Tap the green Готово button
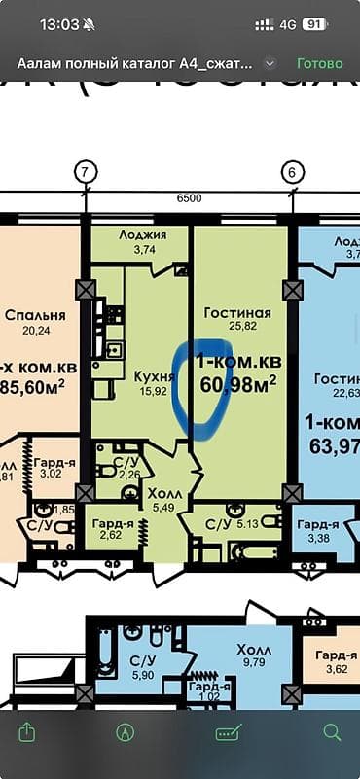[x=320, y=63]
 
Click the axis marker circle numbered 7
[x=86, y=173]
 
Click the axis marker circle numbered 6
[x=290, y=173]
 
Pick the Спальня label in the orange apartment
[x=35, y=315]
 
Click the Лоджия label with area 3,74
[x=143, y=234]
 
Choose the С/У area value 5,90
[x=142, y=675]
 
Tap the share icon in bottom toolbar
[x=28, y=731]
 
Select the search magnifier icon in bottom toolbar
[x=332, y=731]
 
